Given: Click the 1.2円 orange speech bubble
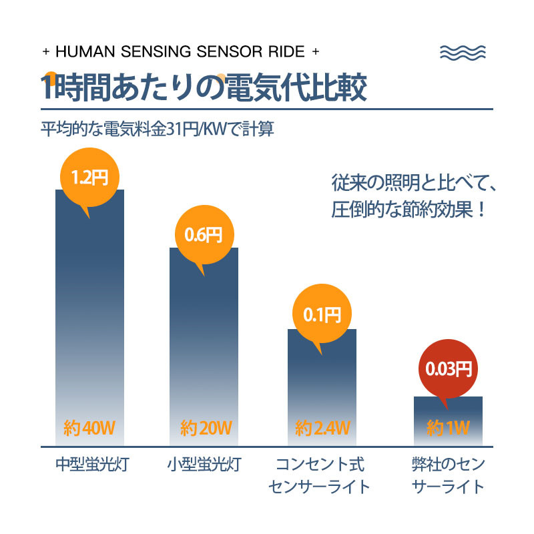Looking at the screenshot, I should (89, 178).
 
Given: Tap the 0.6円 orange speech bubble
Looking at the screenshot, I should (204, 236).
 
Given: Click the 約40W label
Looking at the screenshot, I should (89, 427).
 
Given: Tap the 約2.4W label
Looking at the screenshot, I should (322, 427).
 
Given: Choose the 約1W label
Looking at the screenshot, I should (449, 427).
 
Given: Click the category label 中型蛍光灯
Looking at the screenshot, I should (91, 465).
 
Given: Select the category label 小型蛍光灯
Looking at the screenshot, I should (204, 465).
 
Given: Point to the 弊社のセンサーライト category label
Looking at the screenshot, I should (449, 475).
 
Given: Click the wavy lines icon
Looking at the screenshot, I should (464, 53).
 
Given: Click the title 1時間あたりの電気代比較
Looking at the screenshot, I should (204, 89).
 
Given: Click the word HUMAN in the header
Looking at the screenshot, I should (81, 52).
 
